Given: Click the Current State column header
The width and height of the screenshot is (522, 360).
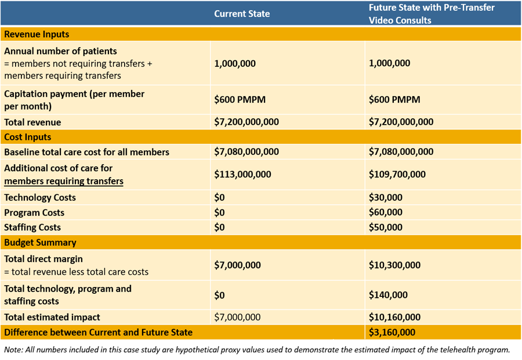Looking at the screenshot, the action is (x=242, y=14).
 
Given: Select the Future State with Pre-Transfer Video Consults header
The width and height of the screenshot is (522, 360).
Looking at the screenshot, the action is (x=432, y=14).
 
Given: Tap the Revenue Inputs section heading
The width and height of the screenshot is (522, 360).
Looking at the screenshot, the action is (x=37, y=34).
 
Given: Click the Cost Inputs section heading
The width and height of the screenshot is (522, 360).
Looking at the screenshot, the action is (x=28, y=137).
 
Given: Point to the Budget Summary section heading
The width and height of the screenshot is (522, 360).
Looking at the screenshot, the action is (x=40, y=242).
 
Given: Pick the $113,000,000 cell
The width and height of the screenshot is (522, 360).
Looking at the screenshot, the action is (x=242, y=174).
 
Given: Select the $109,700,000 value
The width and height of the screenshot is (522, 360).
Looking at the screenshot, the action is (x=397, y=174).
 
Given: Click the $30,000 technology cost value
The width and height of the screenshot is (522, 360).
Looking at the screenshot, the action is (x=386, y=197).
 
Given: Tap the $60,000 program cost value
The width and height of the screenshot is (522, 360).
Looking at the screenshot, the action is (x=386, y=212).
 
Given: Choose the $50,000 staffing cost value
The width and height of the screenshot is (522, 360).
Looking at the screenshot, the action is (x=386, y=227).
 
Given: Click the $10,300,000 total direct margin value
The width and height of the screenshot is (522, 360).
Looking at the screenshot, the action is (x=394, y=265).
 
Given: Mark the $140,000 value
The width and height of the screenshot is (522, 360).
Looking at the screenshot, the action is (x=388, y=295).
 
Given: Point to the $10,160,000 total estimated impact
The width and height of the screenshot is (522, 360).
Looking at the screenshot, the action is (x=394, y=317).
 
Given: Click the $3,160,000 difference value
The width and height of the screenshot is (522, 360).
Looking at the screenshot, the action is (x=392, y=332).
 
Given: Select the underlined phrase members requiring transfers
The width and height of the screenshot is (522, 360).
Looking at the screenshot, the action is (x=64, y=181).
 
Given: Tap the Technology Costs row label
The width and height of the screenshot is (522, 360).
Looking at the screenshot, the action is (x=40, y=198).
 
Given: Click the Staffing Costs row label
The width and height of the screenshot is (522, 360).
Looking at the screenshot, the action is (x=32, y=228).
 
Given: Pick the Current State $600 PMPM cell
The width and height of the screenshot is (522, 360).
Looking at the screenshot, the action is (x=240, y=100).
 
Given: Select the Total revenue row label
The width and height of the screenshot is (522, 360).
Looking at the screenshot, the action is (x=32, y=122).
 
